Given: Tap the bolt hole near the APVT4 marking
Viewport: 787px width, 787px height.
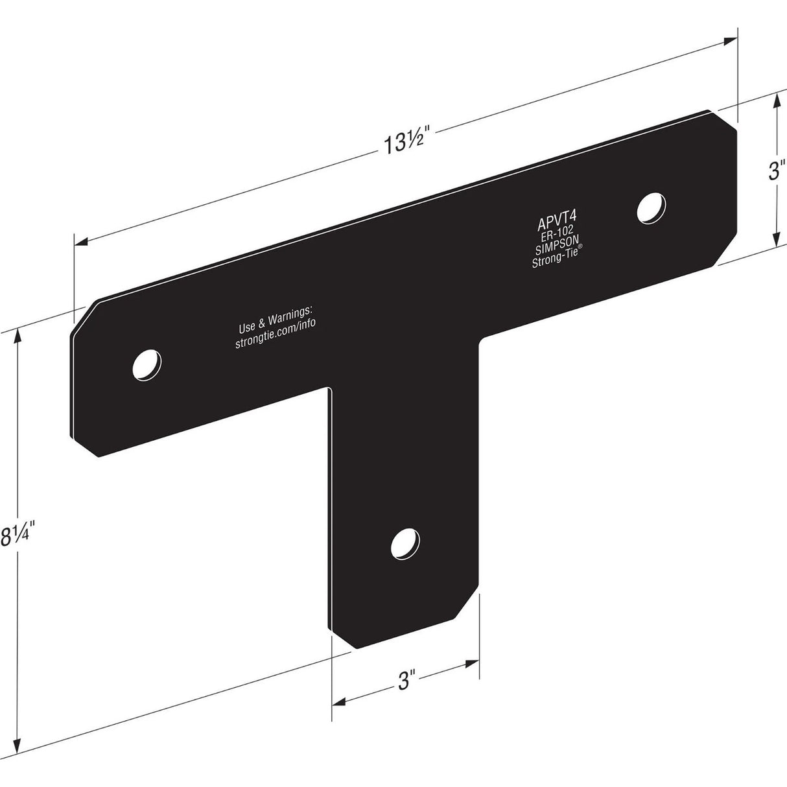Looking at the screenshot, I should [652, 208].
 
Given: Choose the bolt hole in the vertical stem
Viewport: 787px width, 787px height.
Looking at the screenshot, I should [404, 543].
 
